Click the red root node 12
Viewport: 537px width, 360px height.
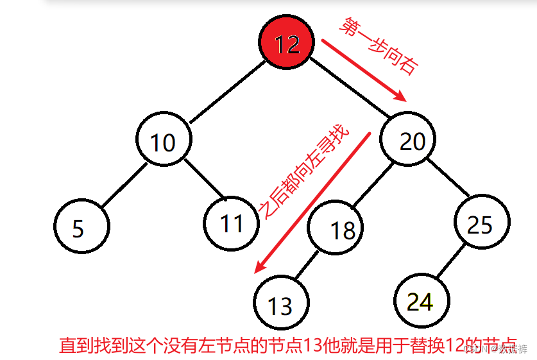(287, 44)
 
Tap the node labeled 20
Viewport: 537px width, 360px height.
(408, 141)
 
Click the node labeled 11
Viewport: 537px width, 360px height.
(231, 223)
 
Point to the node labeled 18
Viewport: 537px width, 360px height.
(335, 229)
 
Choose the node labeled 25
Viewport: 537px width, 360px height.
(482, 224)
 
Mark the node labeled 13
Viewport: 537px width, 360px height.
(281, 305)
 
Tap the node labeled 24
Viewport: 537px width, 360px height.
(421, 301)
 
